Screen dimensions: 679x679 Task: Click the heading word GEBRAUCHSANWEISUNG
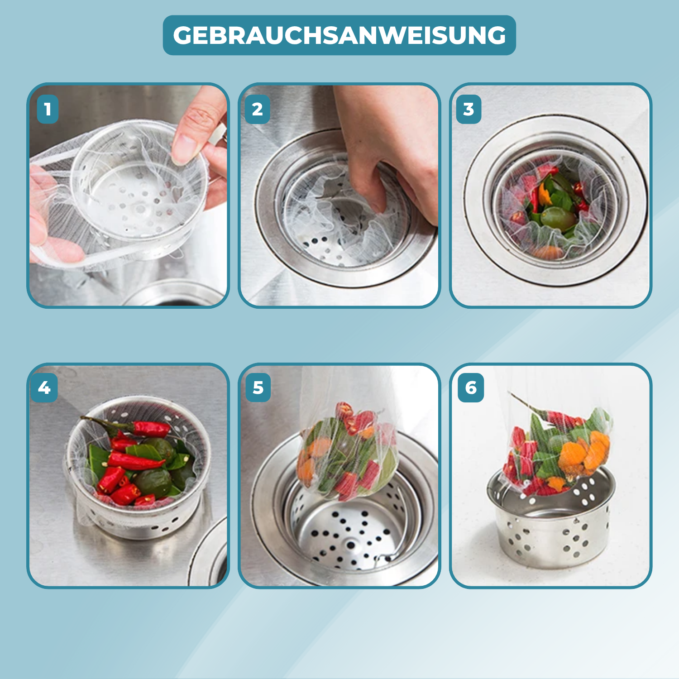[339, 35]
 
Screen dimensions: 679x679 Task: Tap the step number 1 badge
[48, 109]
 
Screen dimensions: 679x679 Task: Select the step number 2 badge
[257, 109]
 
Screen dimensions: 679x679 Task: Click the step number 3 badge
[469, 109]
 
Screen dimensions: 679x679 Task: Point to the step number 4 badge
[44, 387]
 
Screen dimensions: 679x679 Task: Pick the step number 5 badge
[258, 387]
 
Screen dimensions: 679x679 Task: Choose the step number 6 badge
[471, 387]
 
